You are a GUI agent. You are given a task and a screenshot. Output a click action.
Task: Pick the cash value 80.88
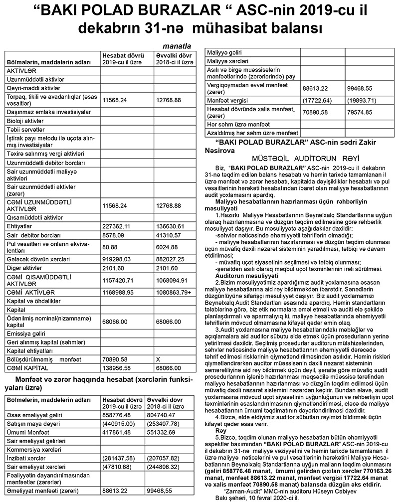click(x=110, y=246)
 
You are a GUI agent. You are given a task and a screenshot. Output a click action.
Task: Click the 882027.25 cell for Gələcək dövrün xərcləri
click(x=171, y=259)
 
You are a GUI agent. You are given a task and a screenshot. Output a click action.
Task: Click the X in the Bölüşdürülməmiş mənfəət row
click(x=158, y=359)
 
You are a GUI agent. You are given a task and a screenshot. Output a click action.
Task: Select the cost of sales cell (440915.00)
click(x=118, y=423)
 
